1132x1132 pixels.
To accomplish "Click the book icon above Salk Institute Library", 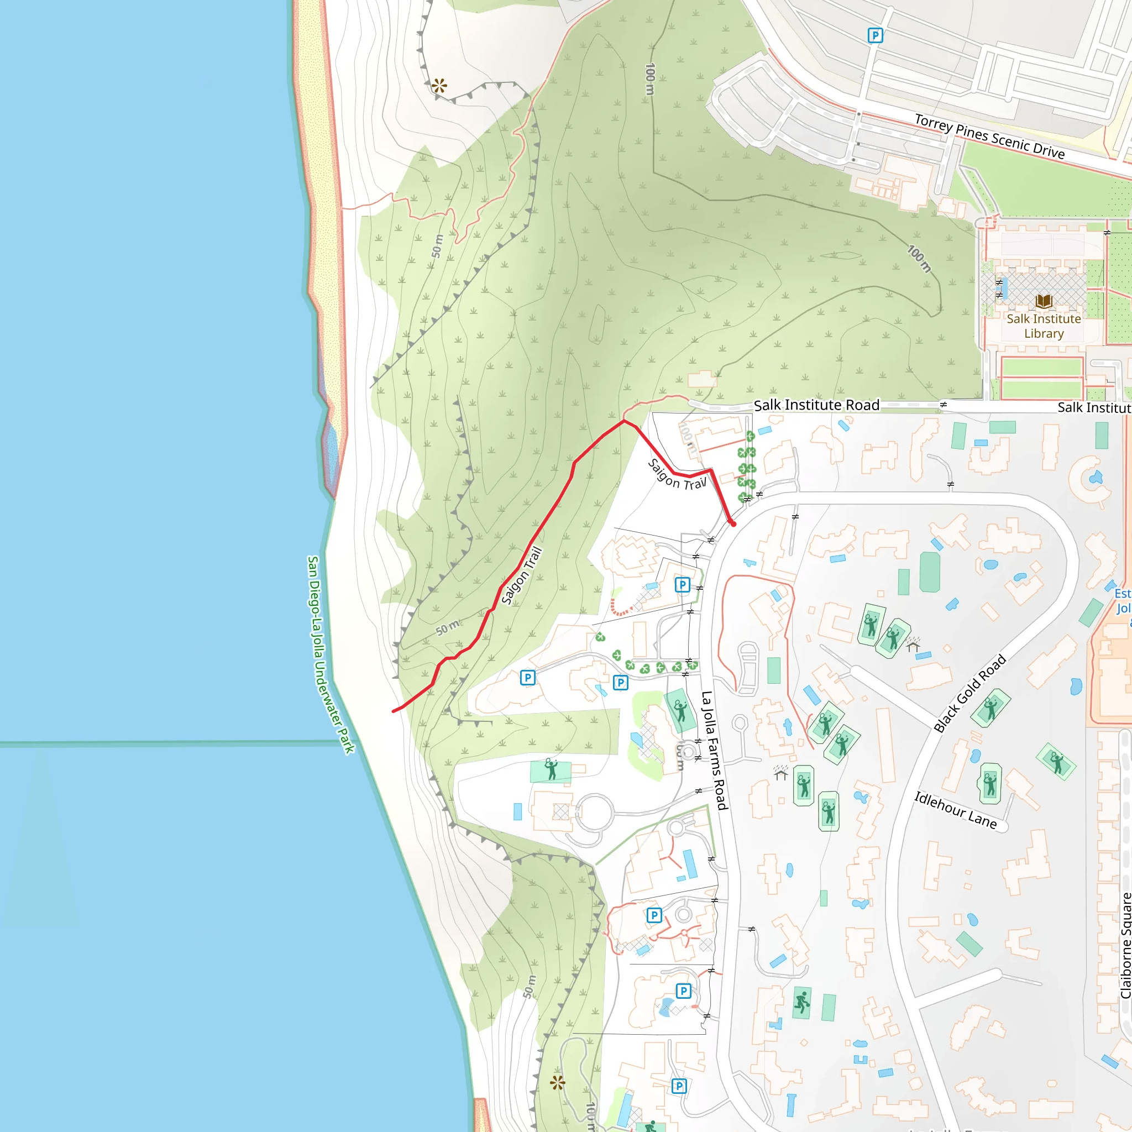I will [x=1044, y=302].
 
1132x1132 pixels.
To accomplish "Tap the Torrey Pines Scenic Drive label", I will [x=989, y=137].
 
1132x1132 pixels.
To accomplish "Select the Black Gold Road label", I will [x=969, y=693].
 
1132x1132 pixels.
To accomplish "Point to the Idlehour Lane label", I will [x=956, y=810].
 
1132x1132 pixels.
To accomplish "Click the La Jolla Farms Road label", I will [x=714, y=751].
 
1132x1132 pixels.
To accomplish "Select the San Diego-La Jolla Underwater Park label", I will [x=331, y=654].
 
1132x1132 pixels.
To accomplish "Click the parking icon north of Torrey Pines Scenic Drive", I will [x=875, y=36].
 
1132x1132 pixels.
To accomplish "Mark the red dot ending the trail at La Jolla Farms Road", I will [x=733, y=524].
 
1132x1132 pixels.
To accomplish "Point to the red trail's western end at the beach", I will [x=394, y=711].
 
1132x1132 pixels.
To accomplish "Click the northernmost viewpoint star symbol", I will [x=439, y=86].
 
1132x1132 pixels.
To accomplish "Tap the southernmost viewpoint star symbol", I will [x=558, y=1083].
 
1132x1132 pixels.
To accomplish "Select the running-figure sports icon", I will [x=801, y=1003].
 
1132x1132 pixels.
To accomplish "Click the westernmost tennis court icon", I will [x=551, y=770].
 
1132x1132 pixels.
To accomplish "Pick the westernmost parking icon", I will [x=527, y=678].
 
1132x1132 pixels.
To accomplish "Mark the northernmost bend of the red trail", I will [x=624, y=421].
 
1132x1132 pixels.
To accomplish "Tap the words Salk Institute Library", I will [x=1044, y=326].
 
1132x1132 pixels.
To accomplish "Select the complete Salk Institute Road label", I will [x=816, y=405].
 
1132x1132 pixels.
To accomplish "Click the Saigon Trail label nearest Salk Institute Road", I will [x=677, y=475].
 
